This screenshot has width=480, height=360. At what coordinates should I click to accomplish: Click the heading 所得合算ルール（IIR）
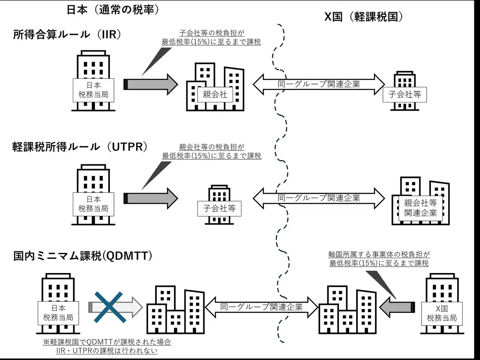tap(67, 34)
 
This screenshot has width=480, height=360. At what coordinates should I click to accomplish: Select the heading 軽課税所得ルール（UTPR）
tap(80, 147)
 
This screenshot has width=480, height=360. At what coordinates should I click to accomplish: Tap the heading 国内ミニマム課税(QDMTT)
tap(83, 256)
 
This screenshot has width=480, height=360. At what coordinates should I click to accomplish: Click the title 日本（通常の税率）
tap(112, 9)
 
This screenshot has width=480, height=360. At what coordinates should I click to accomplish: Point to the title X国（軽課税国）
tap(364, 17)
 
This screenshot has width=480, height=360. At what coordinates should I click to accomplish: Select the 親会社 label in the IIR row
tap(215, 94)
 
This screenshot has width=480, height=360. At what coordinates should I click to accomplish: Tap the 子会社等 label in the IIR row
tap(405, 94)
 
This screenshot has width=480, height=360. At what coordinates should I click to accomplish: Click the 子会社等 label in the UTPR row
tap(219, 208)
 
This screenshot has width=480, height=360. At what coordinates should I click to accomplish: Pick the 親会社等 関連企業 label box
tap(420, 208)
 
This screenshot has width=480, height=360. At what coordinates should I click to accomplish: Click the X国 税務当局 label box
tap(442, 313)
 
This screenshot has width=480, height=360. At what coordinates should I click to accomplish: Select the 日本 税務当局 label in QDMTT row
tap(58, 313)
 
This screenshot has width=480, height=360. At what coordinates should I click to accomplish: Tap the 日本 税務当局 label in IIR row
tap(93, 90)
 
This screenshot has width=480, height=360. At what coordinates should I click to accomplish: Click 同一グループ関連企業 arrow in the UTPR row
tap(319, 198)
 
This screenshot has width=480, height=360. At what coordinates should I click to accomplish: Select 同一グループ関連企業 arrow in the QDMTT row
tap(261, 307)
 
